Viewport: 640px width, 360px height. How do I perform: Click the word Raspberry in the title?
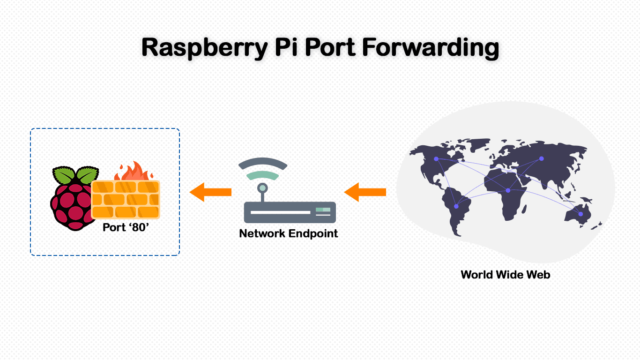(x=205, y=48)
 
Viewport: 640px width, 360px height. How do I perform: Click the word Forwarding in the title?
(x=431, y=48)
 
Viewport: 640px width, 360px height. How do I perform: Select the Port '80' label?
(x=126, y=227)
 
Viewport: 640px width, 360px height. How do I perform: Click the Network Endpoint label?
(x=289, y=233)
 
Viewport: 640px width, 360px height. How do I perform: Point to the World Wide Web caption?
(x=506, y=275)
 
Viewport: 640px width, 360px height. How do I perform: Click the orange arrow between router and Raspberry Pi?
(x=210, y=192)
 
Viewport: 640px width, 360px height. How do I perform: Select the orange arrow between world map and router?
(x=365, y=192)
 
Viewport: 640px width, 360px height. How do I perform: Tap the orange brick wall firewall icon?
(x=126, y=199)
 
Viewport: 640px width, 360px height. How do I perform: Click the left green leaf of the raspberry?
(x=63, y=175)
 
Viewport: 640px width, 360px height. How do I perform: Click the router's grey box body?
(x=290, y=212)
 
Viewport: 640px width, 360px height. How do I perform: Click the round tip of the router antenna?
(x=262, y=188)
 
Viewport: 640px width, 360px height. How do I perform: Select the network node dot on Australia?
(x=580, y=214)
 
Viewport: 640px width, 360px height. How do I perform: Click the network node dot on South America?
(x=456, y=206)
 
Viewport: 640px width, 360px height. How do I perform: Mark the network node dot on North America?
(x=436, y=159)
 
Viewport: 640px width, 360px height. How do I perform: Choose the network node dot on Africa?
(x=508, y=190)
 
